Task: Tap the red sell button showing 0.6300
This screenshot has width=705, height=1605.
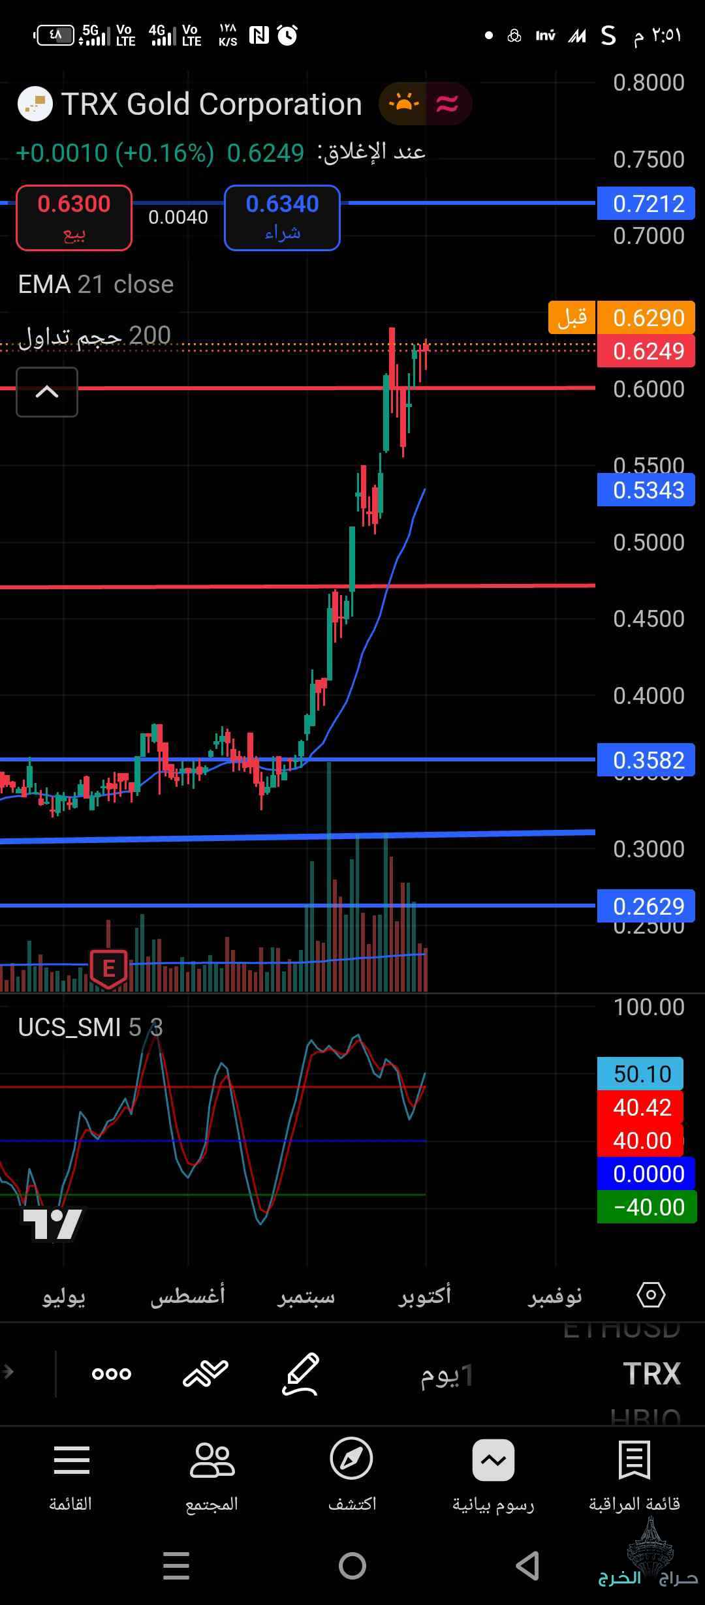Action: pyautogui.click(x=74, y=218)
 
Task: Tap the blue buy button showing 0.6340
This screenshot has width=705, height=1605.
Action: pyautogui.click(x=282, y=218)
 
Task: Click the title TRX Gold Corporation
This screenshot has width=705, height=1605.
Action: pyautogui.click(x=211, y=104)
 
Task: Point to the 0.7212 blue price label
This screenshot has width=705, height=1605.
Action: pyautogui.click(x=646, y=204)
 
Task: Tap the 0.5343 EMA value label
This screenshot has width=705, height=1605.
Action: pyautogui.click(x=646, y=490)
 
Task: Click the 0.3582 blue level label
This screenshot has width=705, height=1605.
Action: pyautogui.click(x=646, y=760)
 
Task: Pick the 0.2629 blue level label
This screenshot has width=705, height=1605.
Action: pyautogui.click(x=646, y=906)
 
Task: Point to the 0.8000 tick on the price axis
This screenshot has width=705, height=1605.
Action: pyautogui.click(x=648, y=83)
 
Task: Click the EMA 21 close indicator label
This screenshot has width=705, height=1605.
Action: pyautogui.click(x=96, y=284)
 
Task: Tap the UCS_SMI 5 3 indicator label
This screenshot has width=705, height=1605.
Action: pyautogui.click(x=90, y=1028)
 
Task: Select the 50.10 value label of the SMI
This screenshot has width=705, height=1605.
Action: pyautogui.click(x=640, y=1074)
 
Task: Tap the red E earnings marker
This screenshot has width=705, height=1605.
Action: pyautogui.click(x=108, y=968)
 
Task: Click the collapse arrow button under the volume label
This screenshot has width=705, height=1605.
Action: pyautogui.click(x=47, y=392)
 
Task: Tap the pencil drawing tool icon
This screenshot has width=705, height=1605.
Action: pyautogui.click(x=301, y=1373)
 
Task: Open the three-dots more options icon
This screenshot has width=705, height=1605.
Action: pyautogui.click(x=112, y=1373)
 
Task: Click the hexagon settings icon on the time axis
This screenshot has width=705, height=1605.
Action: pyautogui.click(x=651, y=1294)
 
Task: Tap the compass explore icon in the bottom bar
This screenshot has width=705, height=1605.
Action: pyautogui.click(x=352, y=1459)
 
